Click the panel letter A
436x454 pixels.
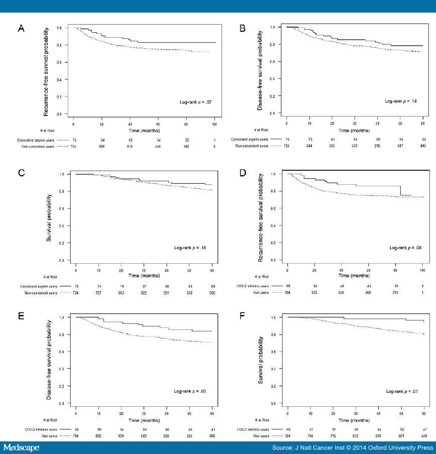[x=21, y=29]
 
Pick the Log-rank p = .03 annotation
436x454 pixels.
[x=191, y=391]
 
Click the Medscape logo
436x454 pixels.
[x=21, y=447]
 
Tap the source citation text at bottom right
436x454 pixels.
[x=353, y=447]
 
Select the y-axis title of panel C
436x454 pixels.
[x=50, y=217]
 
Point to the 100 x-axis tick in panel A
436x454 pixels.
[x=215, y=124]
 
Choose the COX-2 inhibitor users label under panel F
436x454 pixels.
[x=252, y=430]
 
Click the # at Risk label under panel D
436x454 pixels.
[x=262, y=276]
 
